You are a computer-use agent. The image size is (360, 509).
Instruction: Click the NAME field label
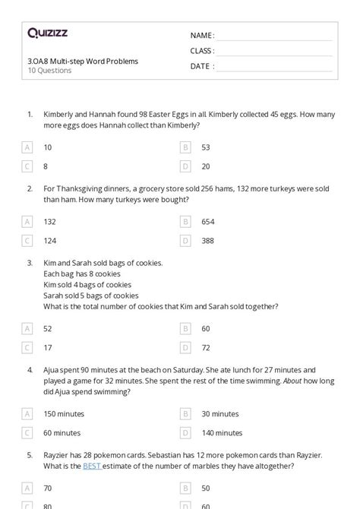click(x=201, y=36)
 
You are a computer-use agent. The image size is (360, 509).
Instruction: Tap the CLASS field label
click(x=202, y=51)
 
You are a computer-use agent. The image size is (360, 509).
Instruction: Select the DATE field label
click(x=201, y=66)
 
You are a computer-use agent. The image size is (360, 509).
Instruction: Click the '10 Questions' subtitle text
click(x=49, y=71)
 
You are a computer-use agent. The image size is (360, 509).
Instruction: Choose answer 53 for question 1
click(x=206, y=147)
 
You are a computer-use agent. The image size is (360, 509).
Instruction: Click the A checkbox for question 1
click(x=28, y=147)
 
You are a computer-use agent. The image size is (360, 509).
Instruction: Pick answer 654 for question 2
click(x=207, y=222)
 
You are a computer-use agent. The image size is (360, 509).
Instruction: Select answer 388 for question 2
click(x=207, y=241)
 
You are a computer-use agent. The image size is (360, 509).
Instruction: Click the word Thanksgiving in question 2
click(x=80, y=189)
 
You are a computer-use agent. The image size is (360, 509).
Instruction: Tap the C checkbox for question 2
click(x=28, y=241)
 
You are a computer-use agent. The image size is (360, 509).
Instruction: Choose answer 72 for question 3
click(x=206, y=348)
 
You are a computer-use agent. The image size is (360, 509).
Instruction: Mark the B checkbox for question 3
click(x=185, y=329)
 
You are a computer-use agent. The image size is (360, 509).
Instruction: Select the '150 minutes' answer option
click(x=64, y=414)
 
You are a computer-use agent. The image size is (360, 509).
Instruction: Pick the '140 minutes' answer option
click(x=220, y=433)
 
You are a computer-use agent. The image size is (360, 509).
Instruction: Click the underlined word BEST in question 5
click(x=92, y=466)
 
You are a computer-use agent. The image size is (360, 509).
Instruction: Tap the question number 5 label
click(x=30, y=455)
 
